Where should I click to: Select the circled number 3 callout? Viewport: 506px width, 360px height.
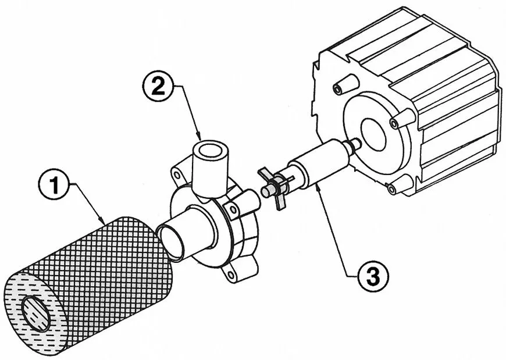[x=373, y=276]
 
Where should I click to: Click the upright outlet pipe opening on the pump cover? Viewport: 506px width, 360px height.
[x=210, y=151]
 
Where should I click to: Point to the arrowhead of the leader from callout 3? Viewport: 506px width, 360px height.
[x=318, y=187]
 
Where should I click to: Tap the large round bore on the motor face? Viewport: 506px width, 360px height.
[x=373, y=131]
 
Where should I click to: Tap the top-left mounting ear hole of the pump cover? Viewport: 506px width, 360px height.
[x=176, y=176]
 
